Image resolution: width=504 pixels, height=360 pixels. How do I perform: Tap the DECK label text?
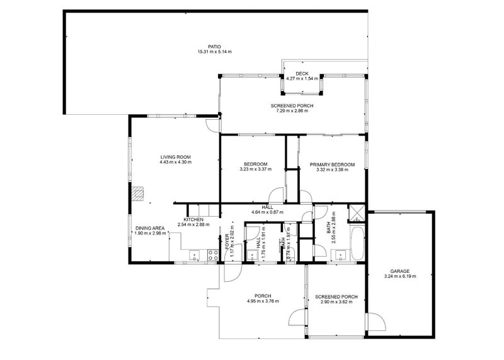(301, 74)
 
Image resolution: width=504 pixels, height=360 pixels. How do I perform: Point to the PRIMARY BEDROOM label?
(332, 165)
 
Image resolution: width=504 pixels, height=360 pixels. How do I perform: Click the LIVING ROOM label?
(175, 157)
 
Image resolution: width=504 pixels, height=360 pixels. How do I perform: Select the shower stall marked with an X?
(357, 213)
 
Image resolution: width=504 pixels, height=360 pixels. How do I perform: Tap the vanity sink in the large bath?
(341, 255)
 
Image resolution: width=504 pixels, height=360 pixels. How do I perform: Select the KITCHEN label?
(193, 219)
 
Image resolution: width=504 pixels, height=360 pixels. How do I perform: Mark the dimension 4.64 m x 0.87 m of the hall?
(266, 211)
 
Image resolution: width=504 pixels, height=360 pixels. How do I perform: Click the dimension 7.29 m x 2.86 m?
(292, 111)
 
